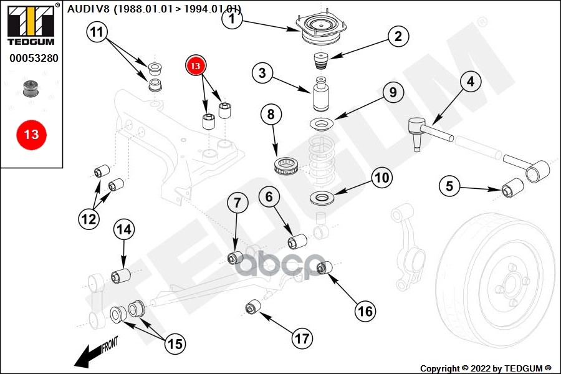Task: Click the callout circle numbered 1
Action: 233,19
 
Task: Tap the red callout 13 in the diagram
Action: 195,66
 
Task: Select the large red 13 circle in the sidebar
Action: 32,135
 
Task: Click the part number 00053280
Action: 34,58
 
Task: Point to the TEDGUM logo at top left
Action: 31,24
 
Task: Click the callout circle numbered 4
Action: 471,82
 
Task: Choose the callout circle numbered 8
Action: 271,115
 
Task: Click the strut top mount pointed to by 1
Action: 321,28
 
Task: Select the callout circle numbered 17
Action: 302,338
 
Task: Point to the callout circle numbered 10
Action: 381,178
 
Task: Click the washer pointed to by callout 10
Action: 322,197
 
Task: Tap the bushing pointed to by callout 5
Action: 512,188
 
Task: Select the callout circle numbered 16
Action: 365,311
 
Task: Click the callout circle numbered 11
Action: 97,32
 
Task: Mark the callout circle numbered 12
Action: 89,219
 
